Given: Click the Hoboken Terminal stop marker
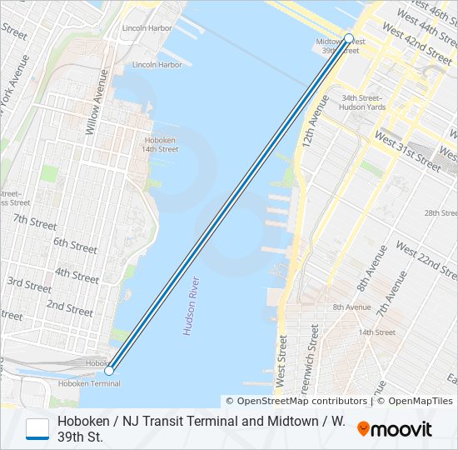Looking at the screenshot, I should point(109,369).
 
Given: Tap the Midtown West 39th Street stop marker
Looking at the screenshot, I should point(349,38).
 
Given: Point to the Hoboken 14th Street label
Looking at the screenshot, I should point(161,144).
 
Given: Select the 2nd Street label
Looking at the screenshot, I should point(69,308).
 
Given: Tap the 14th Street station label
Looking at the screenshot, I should point(376,332).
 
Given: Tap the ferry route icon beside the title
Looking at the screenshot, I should point(37,429).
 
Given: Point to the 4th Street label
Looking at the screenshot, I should point(77,274).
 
